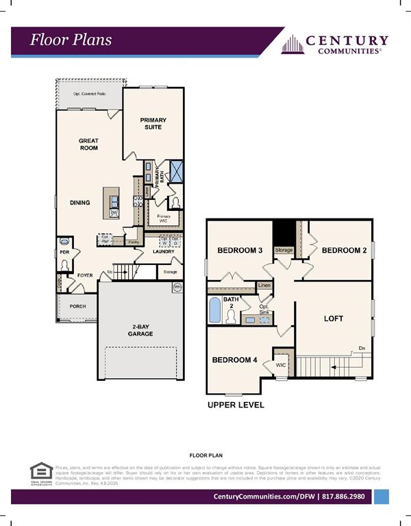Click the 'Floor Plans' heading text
click(x=71, y=40)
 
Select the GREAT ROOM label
click(x=88, y=145)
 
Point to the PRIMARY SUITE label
click(x=153, y=123)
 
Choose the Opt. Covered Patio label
click(x=90, y=94)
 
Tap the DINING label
click(x=79, y=203)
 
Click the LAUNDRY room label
click(x=163, y=251)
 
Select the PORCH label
click(x=77, y=306)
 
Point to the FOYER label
click(x=84, y=275)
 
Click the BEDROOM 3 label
click(x=240, y=251)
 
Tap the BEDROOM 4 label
click(x=234, y=360)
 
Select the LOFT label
click(x=334, y=318)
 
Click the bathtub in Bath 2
click(x=215, y=310)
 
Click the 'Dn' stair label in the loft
click(x=362, y=348)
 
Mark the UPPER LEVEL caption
click(x=236, y=405)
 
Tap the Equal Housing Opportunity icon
click(x=41, y=473)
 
